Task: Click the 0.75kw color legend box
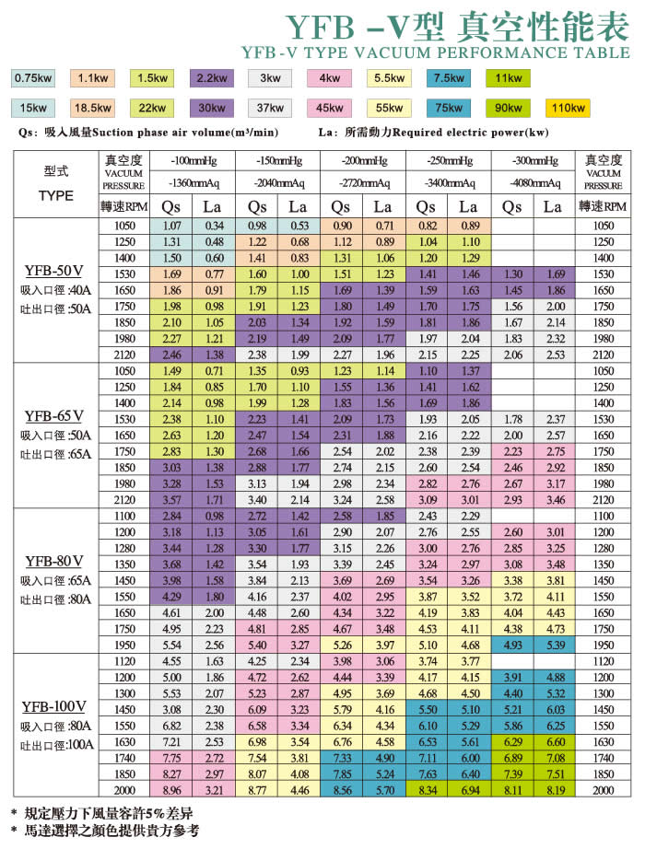[x=32, y=77]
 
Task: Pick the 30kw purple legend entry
[x=211, y=109]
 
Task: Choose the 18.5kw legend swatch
[x=92, y=109]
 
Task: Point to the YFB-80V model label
[x=53, y=561]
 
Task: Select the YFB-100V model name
[x=53, y=706]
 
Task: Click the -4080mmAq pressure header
[x=532, y=182]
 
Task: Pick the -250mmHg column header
[x=447, y=161]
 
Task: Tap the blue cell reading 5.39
[x=552, y=645]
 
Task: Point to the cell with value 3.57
[x=171, y=500]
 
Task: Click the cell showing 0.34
[x=214, y=226]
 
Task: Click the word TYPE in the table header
[x=56, y=195]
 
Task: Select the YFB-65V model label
[x=53, y=415]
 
